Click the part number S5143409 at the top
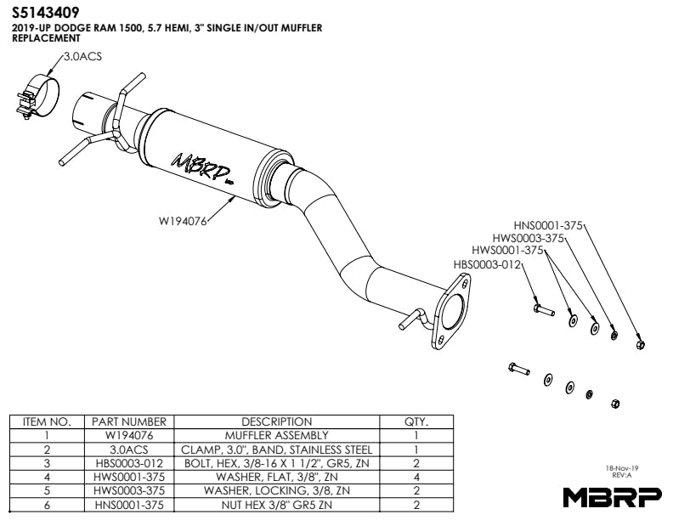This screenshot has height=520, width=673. (47, 13)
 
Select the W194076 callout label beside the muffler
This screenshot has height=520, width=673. (183, 221)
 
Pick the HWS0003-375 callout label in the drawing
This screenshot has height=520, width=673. (529, 238)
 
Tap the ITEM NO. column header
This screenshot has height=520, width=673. (46, 421)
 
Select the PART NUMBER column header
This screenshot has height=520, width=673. (128, 421)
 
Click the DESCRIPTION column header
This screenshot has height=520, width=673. (276, 421)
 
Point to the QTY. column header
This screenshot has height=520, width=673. (416, 421)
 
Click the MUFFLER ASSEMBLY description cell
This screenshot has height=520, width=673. (276, 435)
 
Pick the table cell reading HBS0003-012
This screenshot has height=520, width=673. (128, 463)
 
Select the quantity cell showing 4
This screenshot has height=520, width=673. (416, 477)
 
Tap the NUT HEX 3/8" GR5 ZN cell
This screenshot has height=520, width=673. (276, 505)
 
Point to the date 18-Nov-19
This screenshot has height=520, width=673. (622, 468)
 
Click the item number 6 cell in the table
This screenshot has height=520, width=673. (46, 505)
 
